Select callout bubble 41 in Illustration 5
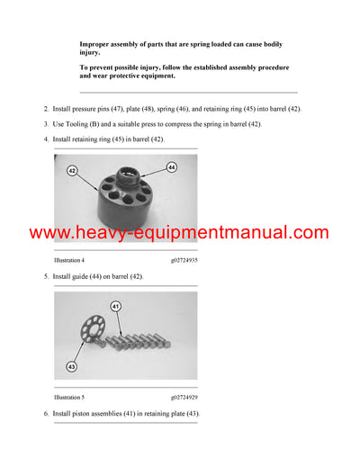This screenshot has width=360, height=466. point(115,308)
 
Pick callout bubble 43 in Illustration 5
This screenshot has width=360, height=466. point(71,366)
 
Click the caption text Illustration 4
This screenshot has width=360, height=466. point(76,259)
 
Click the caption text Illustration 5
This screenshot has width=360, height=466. point(76,396)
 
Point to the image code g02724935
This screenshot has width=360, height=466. point(184,259)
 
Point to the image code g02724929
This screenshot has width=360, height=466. point(184,396)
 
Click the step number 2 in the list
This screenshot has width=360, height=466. point(46,109)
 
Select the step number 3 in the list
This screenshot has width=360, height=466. point(46,123)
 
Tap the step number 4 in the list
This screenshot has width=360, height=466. point(46,139)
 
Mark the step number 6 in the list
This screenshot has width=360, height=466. point(46,413)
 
